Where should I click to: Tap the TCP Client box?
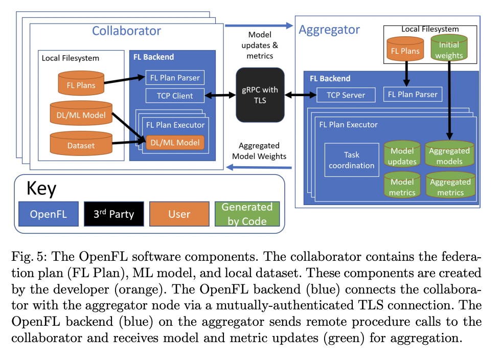point(175,95)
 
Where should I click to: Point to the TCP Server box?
point(346,95)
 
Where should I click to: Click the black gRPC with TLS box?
point(260,96)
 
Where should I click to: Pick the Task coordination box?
point(351,160)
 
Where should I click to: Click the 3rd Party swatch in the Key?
point(113,214)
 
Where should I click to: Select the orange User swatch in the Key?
point(179,214)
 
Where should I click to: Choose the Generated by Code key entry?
point(247,214)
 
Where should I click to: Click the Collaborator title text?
point(126,31)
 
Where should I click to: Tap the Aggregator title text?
point(329,30)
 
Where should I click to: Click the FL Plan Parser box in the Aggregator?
point(413,94)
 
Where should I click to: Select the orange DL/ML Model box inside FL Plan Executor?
point(175,142)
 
